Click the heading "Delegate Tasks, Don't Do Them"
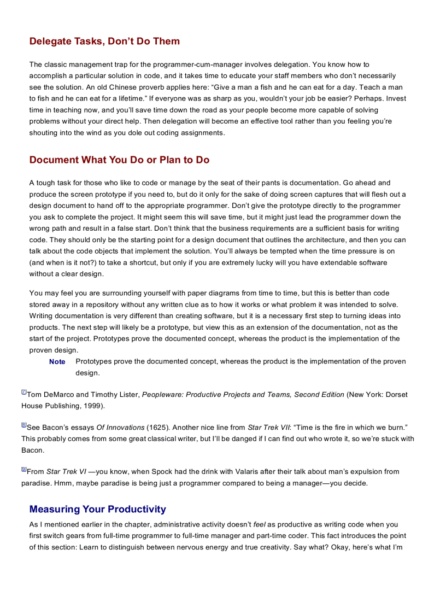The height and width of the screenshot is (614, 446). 104,42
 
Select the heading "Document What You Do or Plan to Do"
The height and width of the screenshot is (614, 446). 119,160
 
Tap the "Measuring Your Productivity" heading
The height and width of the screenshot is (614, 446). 98,510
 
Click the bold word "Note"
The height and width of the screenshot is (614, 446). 57,362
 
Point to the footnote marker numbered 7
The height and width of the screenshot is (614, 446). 24,393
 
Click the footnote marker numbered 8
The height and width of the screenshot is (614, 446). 24,425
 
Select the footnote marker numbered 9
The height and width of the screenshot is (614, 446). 24,469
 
